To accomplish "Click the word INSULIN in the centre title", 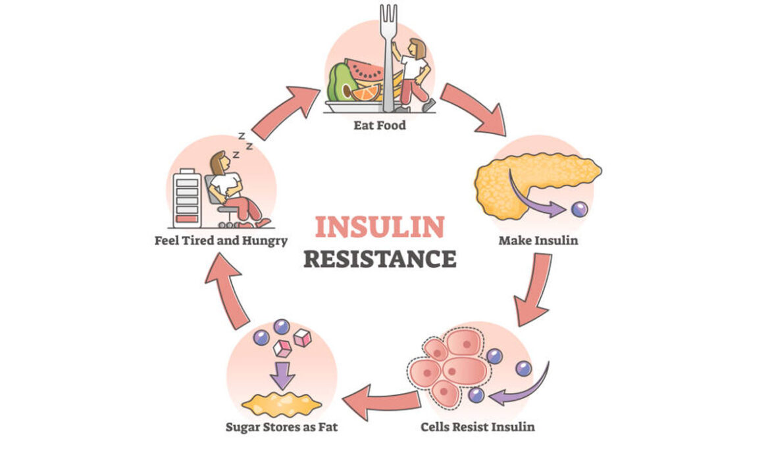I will pos(379,227).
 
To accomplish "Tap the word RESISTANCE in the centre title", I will pos(379,258).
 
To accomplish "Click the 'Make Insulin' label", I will pos(538,241).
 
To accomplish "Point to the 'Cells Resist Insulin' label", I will pos(478,427).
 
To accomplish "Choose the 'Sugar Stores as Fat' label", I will pos(282,427).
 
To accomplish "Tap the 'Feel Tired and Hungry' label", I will pos(220,241).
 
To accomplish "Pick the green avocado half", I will pos(342,82).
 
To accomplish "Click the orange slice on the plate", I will pos(365,92).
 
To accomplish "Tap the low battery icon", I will pos(188,197).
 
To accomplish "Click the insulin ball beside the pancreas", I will pos(579,209).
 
